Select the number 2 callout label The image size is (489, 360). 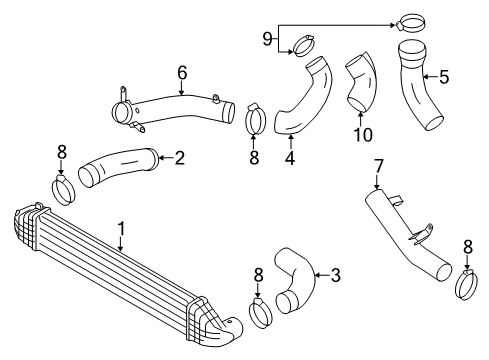179,157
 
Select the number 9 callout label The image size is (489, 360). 267,38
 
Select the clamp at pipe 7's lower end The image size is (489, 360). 467,285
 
